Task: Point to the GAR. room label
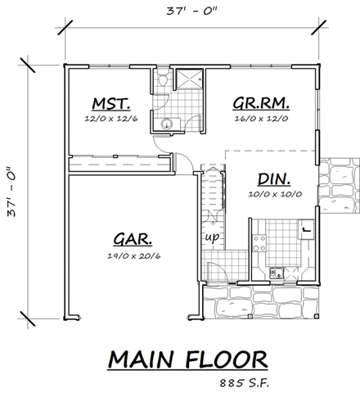point(131,240)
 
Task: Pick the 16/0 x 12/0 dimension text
point(263,118)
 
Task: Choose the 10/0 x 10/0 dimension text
point(276,195)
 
